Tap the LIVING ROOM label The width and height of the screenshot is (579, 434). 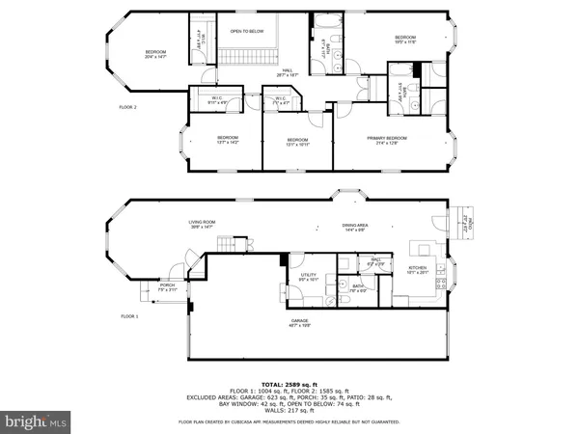tap(202, 225)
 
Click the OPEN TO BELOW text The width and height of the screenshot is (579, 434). tap(246, 31)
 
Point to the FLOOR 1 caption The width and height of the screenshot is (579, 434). tap(129, 316)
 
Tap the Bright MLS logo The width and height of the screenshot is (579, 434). tap(36, 421)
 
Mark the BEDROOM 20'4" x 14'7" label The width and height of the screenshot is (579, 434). tap(156, 54)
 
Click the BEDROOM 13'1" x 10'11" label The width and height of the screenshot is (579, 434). tap(296, 142)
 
